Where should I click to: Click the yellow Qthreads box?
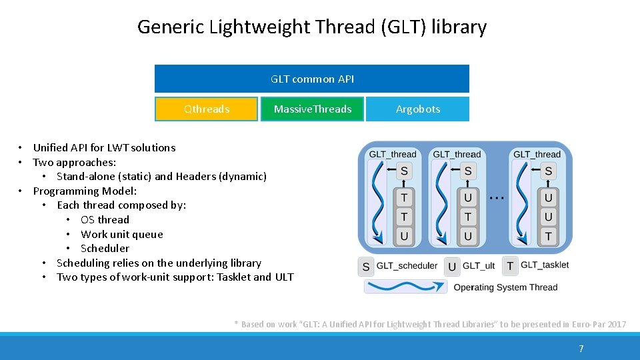pyautogui.click(x=206, y=109)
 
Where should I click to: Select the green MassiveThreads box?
pyautogui.click(x=312, y=109)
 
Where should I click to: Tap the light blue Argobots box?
pyautogui.click(x=417, y=109)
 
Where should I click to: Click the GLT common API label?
pyautogui.click(x=312, y=79)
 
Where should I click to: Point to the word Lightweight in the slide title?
pyautogui.click(x=259, y=27)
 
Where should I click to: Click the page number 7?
pyautogui.click(x=581, y=349)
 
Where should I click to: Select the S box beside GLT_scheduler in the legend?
pyautogui.click(x=366, y=267)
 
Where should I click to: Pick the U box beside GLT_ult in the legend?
pyautogui.click(x=452, y=267)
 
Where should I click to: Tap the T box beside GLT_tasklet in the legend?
pyautogui.click(x=510, y=266)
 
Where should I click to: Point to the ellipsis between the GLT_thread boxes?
pyautogui.click(x=496, y=197)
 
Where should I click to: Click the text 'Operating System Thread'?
pyautogui.click(x=505, y=287)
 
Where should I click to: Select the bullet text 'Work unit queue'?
pyautogui.click(x=121, y=234)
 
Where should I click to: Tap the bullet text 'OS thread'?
pyautogui.click(x=105, y=219)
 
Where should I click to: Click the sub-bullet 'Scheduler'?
pyautogui.click(x=105, y=248)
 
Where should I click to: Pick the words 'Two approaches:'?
pyautogui.click(x=75, y=162)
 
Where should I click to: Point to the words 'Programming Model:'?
pyautogui.click(x=85, y=191)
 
